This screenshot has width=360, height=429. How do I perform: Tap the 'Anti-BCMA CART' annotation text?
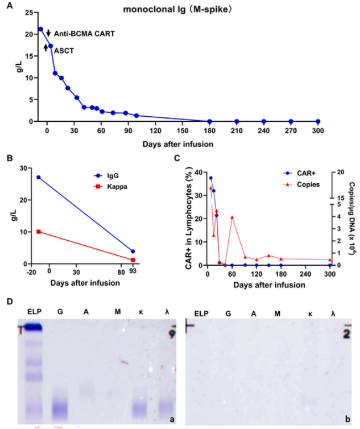[84, 34]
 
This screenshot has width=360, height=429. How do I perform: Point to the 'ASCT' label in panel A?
[63, 50]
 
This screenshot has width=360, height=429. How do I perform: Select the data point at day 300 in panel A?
[317, 121]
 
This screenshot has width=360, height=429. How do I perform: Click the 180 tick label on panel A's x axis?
[209, 132]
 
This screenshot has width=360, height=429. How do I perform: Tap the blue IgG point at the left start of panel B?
[38, 177]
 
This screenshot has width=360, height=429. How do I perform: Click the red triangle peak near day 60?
[232, 218]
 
